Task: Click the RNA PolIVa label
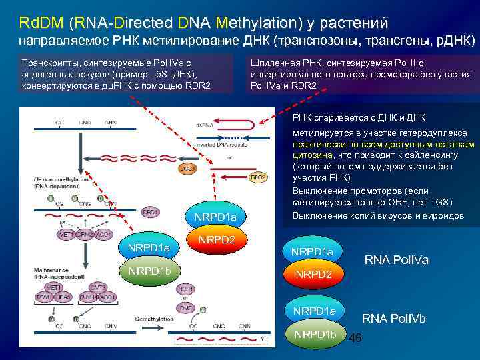point(396,259)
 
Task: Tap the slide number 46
point(355,339)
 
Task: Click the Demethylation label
point(155,319)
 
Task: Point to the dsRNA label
point(204,123)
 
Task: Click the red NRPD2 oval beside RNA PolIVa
point(311,273)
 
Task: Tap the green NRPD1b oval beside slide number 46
point(316,334)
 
